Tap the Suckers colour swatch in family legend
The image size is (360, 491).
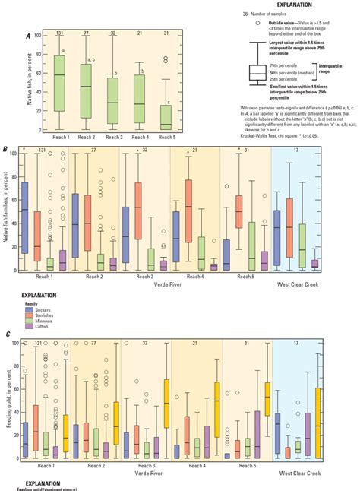click(27, 309)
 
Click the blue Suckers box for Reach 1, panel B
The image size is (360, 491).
click(25, 217)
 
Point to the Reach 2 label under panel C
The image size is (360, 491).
click(95, 465)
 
